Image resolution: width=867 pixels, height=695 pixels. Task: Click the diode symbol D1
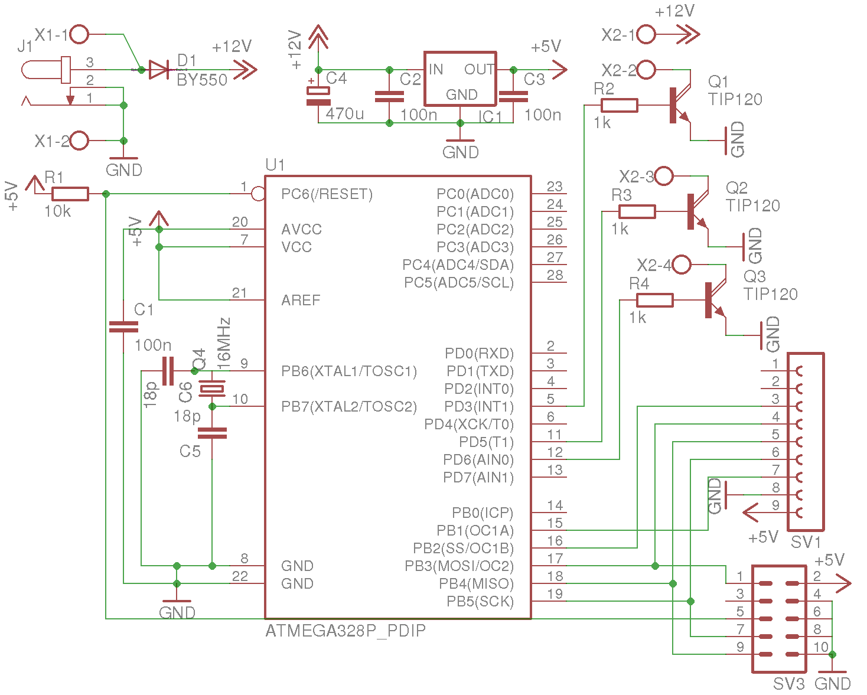pos(159,70)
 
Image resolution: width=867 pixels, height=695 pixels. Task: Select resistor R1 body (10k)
pos(70,194)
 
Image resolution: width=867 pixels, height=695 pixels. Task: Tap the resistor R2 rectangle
pos(619,105)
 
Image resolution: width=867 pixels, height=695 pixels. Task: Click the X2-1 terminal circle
pos(646,34)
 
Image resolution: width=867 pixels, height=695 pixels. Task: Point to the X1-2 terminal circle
pos(79,141)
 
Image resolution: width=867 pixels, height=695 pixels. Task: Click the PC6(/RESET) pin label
pos(327,194)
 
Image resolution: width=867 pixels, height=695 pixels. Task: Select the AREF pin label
pos(301,300)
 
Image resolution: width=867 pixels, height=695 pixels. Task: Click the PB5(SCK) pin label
pos(480,602)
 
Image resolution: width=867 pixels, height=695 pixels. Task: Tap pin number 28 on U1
pos(555,275)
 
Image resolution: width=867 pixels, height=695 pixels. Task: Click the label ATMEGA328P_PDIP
pos(346,631)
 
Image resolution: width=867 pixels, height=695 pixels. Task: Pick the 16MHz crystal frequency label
pos(224,344)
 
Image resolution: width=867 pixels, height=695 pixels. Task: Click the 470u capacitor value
pos(344,114)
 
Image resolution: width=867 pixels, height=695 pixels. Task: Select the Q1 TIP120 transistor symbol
pos(680,105)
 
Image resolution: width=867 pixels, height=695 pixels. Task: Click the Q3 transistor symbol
pos(716,300)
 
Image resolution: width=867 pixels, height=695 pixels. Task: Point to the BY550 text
pos(202,80)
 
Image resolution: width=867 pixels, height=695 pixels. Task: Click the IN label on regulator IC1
pos(435,70)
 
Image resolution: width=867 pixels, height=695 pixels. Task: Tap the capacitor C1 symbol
pos(123,327)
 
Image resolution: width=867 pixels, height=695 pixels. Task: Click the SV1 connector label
pos(806,542)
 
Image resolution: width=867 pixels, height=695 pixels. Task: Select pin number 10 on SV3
pos(821,647)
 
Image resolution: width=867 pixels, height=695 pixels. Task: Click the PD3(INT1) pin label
pos(479,406)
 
